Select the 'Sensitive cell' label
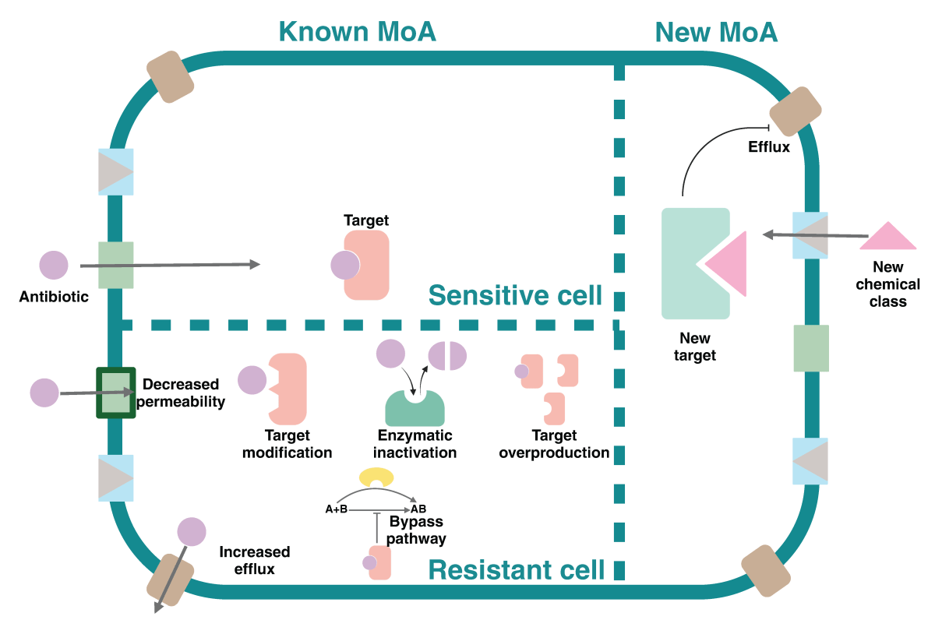coord(515,295)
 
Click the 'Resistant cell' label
coord(516,569)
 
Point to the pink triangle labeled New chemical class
coord(887,238)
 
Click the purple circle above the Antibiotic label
coord(54,266)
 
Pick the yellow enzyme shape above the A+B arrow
coord(376,477)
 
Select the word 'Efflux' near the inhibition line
coord(769,146)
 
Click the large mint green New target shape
coord(686,265)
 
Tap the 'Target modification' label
coord(288,444)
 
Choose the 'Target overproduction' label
coord(554,444)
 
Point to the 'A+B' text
coord(336,509)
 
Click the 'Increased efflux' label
coord(255,560)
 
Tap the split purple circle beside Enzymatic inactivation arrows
coord(447,356)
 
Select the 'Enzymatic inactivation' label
coord(415,444)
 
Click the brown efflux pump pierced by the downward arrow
coord(170,580)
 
